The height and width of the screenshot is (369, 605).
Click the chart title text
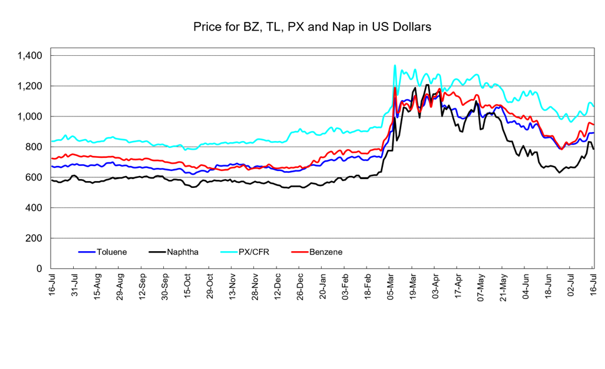click(312, 27)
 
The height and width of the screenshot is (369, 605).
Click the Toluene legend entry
click(103, 252)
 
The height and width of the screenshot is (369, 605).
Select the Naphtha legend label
click(174, 252)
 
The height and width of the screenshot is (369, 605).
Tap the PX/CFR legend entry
click(245, 252)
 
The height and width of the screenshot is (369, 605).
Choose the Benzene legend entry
click(317, 252)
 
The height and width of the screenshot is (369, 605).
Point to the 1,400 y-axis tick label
click(29, 56)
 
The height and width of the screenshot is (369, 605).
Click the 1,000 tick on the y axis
click(29, 117)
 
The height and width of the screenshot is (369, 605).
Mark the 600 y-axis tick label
click(34, 177)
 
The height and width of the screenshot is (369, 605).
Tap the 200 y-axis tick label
click(34, 238)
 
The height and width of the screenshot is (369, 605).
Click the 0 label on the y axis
click(39, 269)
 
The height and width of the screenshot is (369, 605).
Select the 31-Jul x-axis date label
click(74, 285)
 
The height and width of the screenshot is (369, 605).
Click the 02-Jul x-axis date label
click(571, 285)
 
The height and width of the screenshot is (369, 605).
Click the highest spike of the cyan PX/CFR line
click(395, 65)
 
